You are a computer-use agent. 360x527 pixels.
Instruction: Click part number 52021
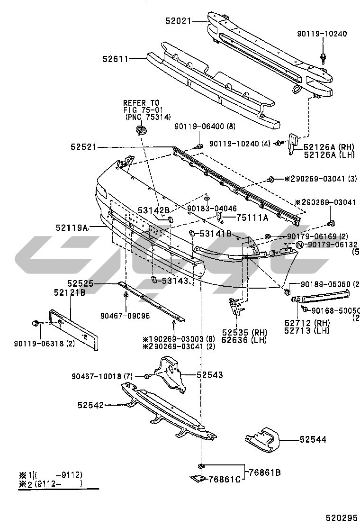tap(179, 20)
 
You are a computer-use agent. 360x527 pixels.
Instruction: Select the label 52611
tap(115, 59)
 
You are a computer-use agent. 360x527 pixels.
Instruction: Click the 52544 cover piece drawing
tap(262, 440)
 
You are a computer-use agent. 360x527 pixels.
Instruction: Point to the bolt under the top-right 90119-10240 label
tap(323, 58)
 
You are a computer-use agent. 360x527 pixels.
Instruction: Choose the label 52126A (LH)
tap(329, 154)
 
